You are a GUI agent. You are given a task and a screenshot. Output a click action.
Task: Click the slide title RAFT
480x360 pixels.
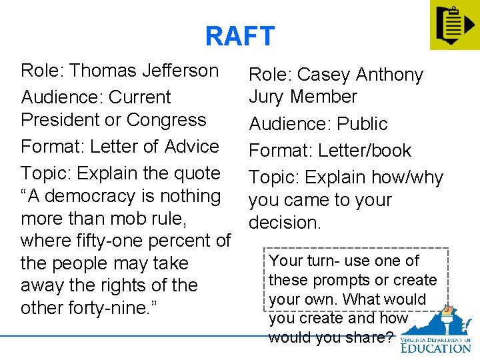pyautogui.click(x=239, y=36)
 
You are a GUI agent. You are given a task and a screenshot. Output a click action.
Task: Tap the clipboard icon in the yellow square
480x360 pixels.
pyautogui.click(x=453, y=25)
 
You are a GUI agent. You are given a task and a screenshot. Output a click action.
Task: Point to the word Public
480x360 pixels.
pyautogui.click(x=362, y=124)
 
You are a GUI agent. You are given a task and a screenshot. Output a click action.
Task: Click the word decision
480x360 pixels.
pyautogui.click(x=285, y=222)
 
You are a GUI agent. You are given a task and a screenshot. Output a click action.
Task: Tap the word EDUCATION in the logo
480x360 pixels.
pyautogui.click(x=435, y=347)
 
